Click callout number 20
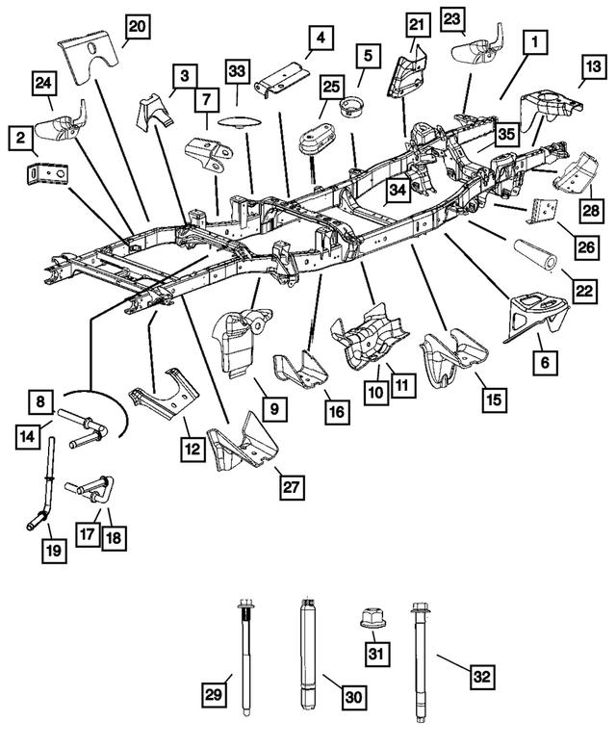(138, 28)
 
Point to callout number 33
(237, 71)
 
